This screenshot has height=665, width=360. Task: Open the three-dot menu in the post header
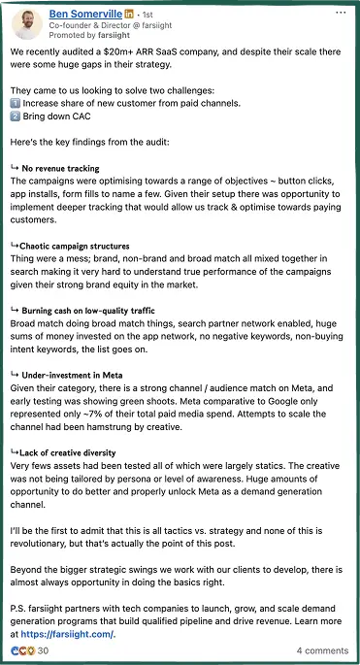click(x=341, y=14)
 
